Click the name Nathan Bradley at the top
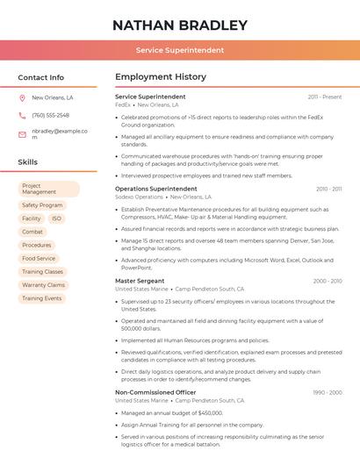click(x=180, y=25)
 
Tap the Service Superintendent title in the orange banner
click(x=180, y=50)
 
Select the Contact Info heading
click(x=41, y=77)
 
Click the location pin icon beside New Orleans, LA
click(x=22, y=98)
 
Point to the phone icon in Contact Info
click(x=22, y=115)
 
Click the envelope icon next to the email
click(x=22, y=134)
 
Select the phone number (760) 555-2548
click(x=50, y=115)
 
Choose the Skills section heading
click(x=28, y=162)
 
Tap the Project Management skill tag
click(x=48, y=190)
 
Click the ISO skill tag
click(x=56, y=218)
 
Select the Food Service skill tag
click(x=39, y=258)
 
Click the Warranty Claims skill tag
click(x=43, y=285)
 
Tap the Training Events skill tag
click(x=42, y=298)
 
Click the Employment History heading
click(x=161, y=77)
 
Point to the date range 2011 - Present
click(x=325, y=97)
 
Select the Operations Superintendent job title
click(x=156, y=189)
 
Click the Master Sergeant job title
click(x=140, y=281)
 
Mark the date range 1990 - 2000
click(x=328, y=392)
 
